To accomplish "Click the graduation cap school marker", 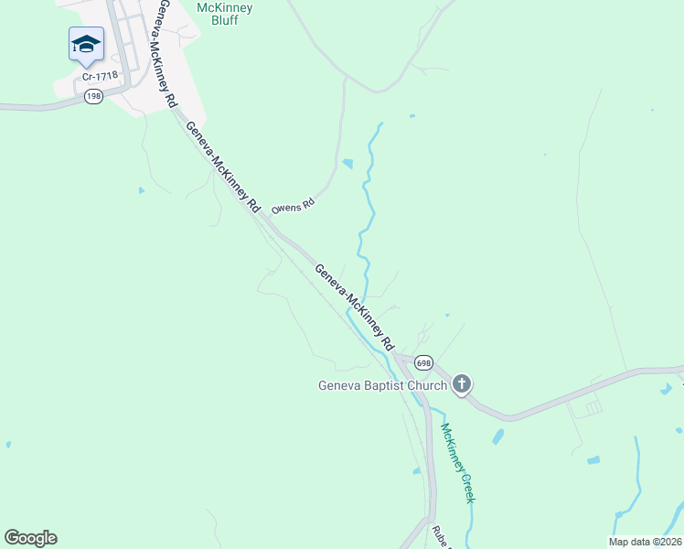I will [x=86, y=44].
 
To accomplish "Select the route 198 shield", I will [x=92, y=97].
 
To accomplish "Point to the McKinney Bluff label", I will [x=225, y=14].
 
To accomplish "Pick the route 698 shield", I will [x=422, y=363].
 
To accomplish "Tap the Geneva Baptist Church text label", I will [x=382, y=385].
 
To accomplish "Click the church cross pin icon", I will [x=463, y=384].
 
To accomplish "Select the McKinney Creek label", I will [x=456, y=462].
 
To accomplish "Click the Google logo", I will [x=30, y=538].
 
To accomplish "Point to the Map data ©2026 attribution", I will [x=645, y=542].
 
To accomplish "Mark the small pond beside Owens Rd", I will [x=347, y=165].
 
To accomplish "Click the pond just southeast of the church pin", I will [x=497, y=436].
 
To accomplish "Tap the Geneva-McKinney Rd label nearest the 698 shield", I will [x=354, y=307].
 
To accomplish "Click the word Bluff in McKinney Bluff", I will [x=225, y=20].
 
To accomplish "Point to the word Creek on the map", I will [x=466, y=482].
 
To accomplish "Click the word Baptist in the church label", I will [x=382, y=385].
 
